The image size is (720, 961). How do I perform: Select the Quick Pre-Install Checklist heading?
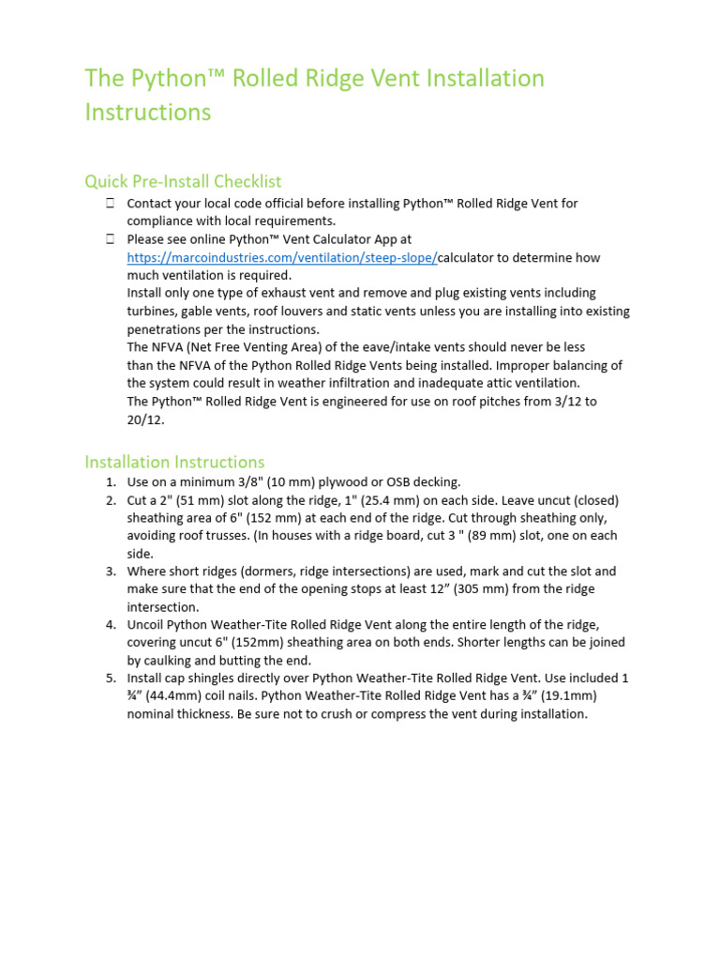183,181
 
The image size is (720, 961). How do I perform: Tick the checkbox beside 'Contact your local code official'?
110,203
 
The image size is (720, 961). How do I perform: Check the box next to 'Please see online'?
110,239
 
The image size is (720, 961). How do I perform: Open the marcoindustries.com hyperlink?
282,257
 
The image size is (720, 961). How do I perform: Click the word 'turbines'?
155,312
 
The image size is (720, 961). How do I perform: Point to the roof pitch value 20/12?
144,419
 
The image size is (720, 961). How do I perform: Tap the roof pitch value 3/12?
572,402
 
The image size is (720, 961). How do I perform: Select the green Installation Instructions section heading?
174,462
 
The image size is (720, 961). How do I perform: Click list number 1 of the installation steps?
110,482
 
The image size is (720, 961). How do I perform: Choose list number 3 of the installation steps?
110,572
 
